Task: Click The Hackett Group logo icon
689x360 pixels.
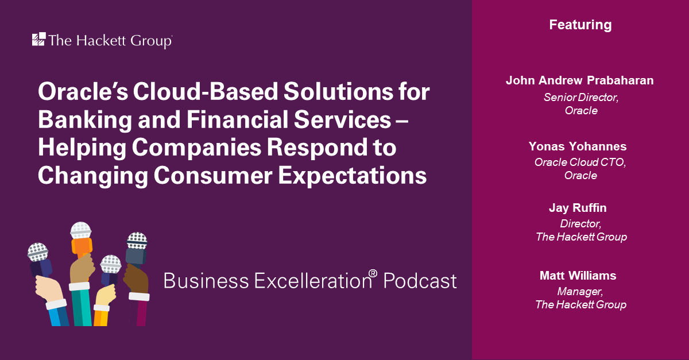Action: [x=39, y=39]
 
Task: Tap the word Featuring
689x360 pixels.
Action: [x=580, y=25]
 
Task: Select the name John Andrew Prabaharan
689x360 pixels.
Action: [x=580, y=80]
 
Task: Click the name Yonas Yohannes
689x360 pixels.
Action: [x=578, y=146]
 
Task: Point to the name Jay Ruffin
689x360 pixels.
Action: [x=578, y=208]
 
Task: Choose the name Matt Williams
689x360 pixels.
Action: [x=578, y=276]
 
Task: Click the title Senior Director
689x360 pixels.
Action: [x=580, y=97]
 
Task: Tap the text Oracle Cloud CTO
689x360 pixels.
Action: [x=580, y=162]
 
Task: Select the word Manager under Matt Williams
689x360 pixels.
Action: [x=579, y=291]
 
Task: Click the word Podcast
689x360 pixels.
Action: [x=420, y=281]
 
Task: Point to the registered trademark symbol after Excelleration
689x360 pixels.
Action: [x=373, y=273]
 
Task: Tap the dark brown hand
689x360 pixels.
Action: [x=136, y=278]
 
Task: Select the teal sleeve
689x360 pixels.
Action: [x=81, y=307]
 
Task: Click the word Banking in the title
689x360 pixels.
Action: [x=85, y=120]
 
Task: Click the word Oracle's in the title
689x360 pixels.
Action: [x=83, y=92]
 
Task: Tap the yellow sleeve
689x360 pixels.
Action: [x=101, y=318]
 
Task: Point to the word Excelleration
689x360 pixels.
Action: [x=313, y=281]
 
